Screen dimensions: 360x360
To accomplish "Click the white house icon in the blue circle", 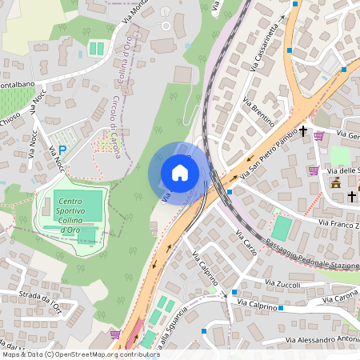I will (180, 172).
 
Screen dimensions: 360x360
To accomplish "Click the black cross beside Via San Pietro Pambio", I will (303, 130).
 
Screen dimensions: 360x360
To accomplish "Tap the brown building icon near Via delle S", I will (335, 183).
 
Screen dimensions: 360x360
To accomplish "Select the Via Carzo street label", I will (246, 242).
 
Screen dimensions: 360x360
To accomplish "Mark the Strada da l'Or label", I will (39, 301).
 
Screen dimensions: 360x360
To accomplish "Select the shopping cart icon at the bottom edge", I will (115, 333).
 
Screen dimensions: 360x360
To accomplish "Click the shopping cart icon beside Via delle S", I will (313, 170).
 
